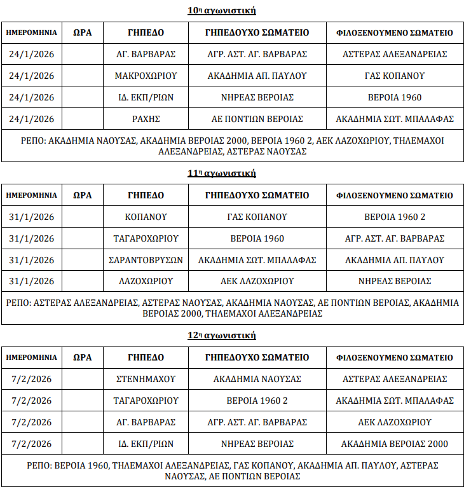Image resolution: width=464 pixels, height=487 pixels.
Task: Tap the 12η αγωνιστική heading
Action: pos(221,336)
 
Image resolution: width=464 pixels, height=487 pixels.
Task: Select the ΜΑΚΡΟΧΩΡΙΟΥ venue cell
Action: pos(146,76)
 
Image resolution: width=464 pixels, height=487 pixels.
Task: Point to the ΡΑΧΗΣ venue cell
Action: pos(146,119)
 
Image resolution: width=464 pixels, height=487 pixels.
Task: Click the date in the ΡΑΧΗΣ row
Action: pos(32,119)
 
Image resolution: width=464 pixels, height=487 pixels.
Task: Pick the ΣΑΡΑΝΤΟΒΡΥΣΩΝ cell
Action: pos(146,260)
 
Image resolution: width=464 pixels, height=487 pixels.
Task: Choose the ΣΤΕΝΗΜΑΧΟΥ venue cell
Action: pos(146,379)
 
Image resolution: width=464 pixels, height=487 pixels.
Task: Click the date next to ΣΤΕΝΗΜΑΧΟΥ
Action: pos(32,379)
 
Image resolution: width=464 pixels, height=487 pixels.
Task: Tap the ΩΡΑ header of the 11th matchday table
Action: pos(83,195)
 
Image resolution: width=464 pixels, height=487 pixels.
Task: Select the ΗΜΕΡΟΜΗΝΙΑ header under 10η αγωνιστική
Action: pos(32,32)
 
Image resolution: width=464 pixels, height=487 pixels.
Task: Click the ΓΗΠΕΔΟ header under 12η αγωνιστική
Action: pos(146,357)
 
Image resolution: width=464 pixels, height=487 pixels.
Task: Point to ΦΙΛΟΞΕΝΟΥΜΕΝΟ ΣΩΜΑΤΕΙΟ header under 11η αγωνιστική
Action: pos(394,195)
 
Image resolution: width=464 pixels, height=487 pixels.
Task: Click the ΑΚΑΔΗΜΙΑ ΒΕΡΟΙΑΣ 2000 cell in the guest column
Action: pos(394,444)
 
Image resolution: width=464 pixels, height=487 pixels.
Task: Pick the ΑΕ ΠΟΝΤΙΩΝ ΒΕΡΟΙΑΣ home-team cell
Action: pos(257,119)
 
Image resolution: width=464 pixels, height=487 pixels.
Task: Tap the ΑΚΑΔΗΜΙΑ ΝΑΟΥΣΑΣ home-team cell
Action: pos(257,379)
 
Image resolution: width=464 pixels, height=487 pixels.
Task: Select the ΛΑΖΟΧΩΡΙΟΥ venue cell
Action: pos(146,281)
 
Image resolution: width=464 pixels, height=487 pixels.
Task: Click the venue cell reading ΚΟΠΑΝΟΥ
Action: pos(146,217)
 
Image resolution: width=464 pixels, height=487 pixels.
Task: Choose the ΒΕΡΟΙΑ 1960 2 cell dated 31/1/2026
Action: pos(394,217)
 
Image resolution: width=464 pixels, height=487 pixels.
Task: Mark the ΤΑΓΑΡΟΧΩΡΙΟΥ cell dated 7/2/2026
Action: pos(146,401)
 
